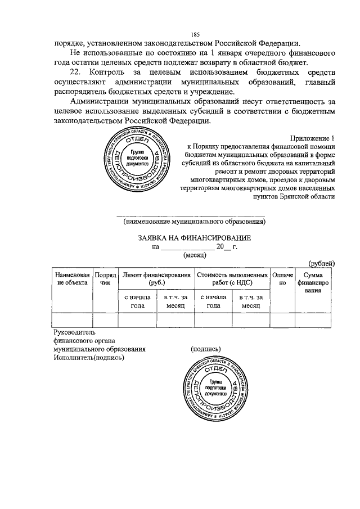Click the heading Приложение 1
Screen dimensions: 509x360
pyautogui.click(x=313, y=138)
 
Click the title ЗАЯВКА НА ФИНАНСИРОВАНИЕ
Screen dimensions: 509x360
pyautogui.click(x=195, y=238)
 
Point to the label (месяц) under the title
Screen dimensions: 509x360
pyautogui.click(x=195, y=255)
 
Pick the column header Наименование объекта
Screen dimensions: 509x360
pyautogui.click(x=72, y=278)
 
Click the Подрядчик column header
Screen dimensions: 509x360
pyautogui.click(x=105, y=278)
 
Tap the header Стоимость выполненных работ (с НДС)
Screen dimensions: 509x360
pyautogui.click(x=232, y=278)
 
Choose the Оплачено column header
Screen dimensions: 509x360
pyautogui.click(x=283, y=278)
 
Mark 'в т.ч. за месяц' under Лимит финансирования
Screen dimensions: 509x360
pyautogui.click(x=175, y=301)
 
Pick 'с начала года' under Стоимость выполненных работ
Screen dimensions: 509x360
pyautogui.click(x=213, y=301)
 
